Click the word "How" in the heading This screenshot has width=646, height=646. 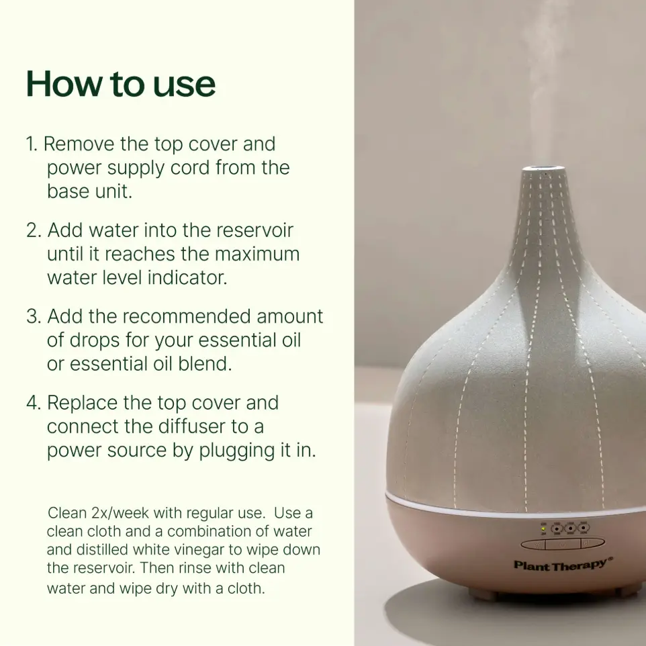tap(64, 84)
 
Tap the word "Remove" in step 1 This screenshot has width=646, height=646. tap(79, 144)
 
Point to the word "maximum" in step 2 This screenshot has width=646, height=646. tap(257, 254)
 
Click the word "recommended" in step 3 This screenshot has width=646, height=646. tap(187, 316)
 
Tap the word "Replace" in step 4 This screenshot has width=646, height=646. tap(82, 402)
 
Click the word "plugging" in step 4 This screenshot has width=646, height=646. tap(236, 451)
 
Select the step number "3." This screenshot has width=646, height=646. tap(34, 316)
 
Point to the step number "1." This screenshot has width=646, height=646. tap(32, 144)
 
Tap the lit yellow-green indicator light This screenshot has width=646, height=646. tap(543, 528)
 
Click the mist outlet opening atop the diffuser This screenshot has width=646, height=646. tap(543, 167)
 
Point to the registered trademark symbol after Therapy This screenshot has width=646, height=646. tap(610, 559)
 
